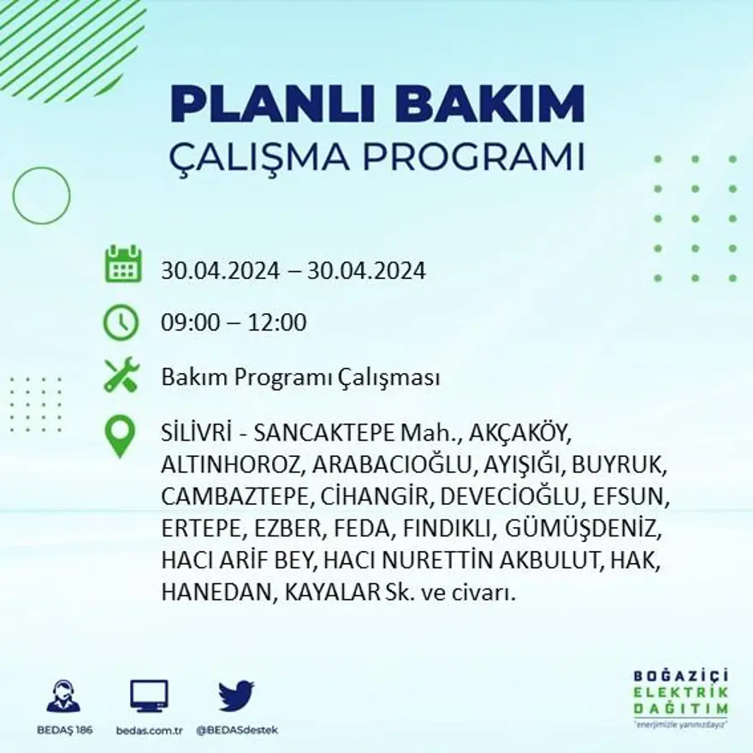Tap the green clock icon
coord(121,323)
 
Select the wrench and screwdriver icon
coord(122,375)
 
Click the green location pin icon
coord(120,436)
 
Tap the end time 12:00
coord(276,323)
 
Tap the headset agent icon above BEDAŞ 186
coord(63,697)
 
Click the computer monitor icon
coord(149,697)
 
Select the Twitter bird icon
coord(236,697)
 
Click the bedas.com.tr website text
coord(149,730)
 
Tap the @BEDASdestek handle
coord(237,730)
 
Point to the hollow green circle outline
coord(41,196)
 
